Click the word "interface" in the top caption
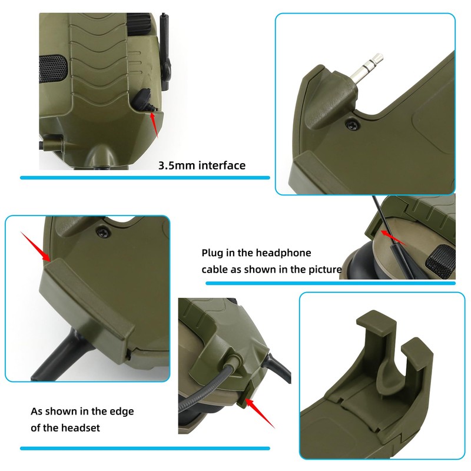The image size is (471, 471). click(223, 165)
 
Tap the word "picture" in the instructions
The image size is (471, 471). click(323, 270)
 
